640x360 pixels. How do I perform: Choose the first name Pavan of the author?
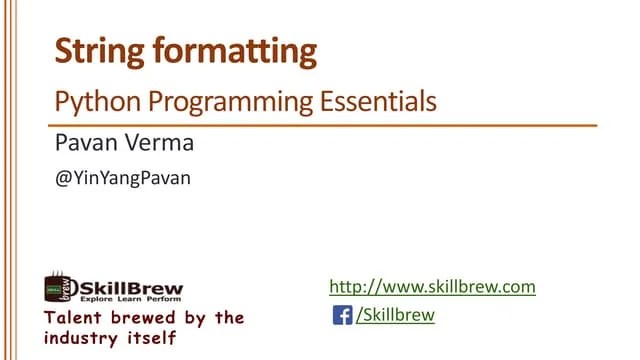pyautogui.click(x=85, y=144)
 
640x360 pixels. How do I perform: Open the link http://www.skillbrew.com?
pyautogui.click(x=432, y=287)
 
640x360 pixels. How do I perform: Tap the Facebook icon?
pyautogui.click(x=341, y=316)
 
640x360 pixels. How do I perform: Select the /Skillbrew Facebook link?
pyautogui.click(x=395, y=316)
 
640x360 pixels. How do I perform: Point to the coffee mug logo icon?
pyautogui.click(x=58, y=287)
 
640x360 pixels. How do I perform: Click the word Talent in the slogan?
pyautogui.click(x=74, y=318)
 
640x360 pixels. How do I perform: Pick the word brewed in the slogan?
pyautogui.click(x=149, y=318)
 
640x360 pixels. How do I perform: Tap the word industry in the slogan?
pyautogui.click(x=83, y=338)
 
